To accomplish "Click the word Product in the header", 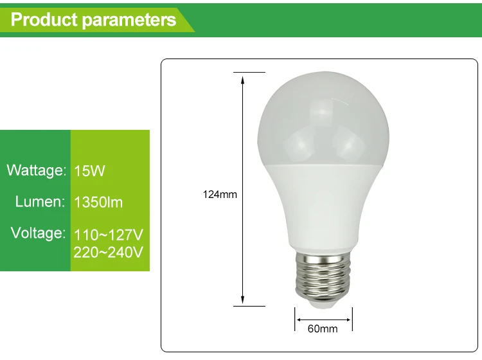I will pos(44,19).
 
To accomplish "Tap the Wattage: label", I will pos(37,171).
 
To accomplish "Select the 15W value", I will pos(89,171).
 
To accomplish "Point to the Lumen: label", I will pos(40,202).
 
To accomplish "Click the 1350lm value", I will pos(98,203).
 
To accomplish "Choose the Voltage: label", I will pos(38,233).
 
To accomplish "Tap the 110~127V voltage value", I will pos(108,233).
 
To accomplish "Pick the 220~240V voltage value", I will pos(108,252).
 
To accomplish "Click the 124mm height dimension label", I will pos(220,194).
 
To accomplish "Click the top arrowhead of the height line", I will pos(243,79).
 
